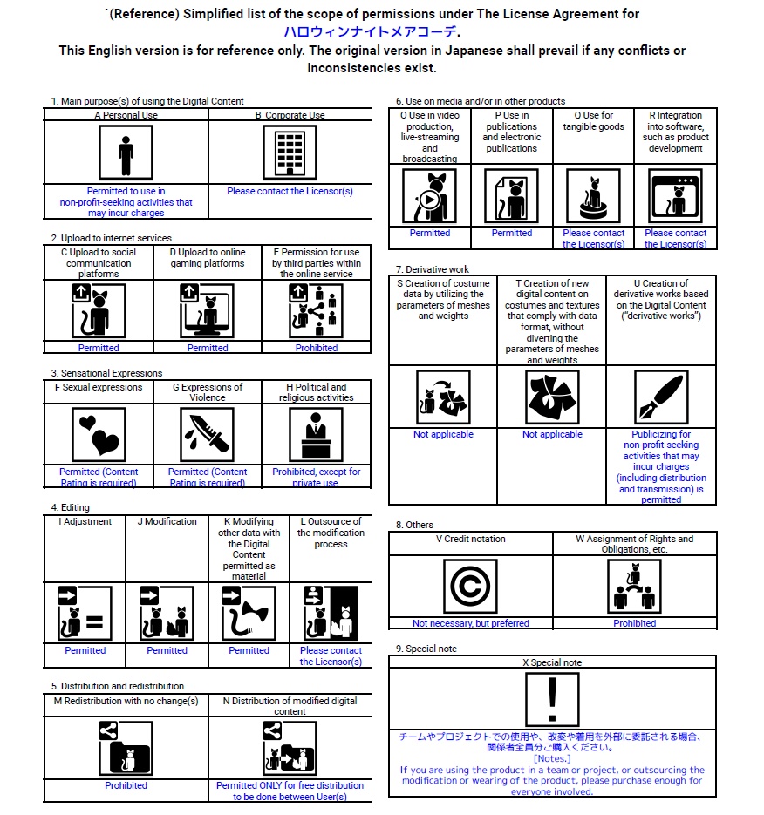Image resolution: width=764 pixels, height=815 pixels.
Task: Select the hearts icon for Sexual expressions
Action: [99, 434]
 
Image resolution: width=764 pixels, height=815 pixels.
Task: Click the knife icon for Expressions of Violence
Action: [208, 434]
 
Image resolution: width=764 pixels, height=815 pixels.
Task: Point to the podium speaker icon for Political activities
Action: [316, 434]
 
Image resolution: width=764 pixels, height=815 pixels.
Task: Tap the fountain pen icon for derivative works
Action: [660, 397]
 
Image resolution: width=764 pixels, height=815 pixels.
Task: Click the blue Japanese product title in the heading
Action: [370, 32]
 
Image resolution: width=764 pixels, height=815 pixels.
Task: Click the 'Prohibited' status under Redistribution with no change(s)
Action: [126, 785]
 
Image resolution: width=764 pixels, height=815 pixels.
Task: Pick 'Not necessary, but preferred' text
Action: [470, 623]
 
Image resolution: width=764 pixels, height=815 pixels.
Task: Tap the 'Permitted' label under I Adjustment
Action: [85, 650]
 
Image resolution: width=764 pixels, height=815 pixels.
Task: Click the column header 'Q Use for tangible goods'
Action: [593, 120]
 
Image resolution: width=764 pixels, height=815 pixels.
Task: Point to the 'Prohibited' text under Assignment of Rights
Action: [634, 623]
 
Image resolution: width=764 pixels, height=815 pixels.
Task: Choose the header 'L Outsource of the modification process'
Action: [331, 533]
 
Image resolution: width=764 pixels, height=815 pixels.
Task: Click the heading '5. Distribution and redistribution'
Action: [117, 686]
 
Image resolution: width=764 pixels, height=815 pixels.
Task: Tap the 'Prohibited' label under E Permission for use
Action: [316, 348]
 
